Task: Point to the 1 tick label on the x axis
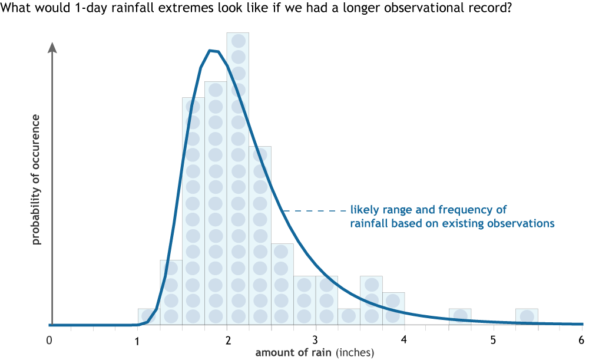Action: pyautogui.click(x=137, y=340)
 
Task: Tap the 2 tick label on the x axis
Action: pyautogui.click(x=227, y=340)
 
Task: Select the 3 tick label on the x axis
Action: pyautogui.click(x=316, y=340)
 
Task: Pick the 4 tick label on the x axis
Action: pyautogui.click(x=404, y=340)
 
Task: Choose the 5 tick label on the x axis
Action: pyautogui.click(x=493, y=340)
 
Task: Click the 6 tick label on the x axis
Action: pyautogui.click(x=581, y=340)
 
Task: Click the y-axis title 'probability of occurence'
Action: pyautogui.click(x=36, y=180)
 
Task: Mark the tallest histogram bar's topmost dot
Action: pyautogui.click(x=238, y=41)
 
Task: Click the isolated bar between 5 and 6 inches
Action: pyautogui.click(x=527, y=316)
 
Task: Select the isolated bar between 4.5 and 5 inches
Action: pyautogui.click(x=460, y=316)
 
